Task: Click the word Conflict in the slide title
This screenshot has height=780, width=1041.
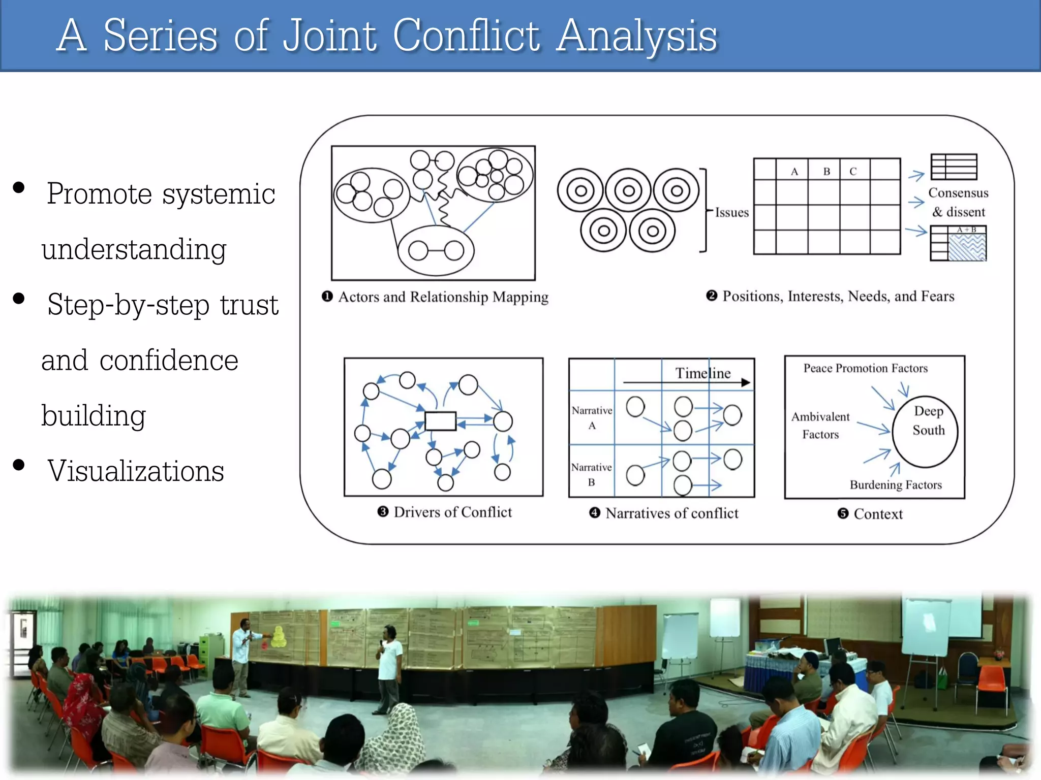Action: pyautogui.click(x=466, y=36)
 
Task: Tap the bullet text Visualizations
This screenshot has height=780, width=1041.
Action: pyautogui.click(x=136, y=471)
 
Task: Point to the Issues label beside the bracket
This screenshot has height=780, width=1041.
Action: pyautogui.click(x=731, y=212)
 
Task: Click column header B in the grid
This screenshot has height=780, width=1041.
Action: pyautogui.click(x=826, y=171)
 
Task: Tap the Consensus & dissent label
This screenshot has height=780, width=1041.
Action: pyautogui.click(x=958, y=202)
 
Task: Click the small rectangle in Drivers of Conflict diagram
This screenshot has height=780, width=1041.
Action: pyautogui.click(x=440, y=421)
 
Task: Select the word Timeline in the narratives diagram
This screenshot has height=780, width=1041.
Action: pyautogui.click(x=702, y=373)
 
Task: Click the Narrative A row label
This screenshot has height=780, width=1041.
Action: pyautogui.click(x=592, y=417)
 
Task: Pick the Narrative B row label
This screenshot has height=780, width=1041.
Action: pyautogui.click(x=591, y=474)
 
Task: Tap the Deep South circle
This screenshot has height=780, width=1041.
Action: pyautogui.click(x=926, y=431)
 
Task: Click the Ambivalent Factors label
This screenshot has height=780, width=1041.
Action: pyautogui.click(x=820, y=425)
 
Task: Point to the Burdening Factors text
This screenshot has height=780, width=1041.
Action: pyautogui.click(x=896, y=484)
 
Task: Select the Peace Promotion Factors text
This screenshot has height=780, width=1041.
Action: pyautogui.click(x=865, y=368)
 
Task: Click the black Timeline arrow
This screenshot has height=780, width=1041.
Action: pyautogui.click(x=686, y=382)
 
